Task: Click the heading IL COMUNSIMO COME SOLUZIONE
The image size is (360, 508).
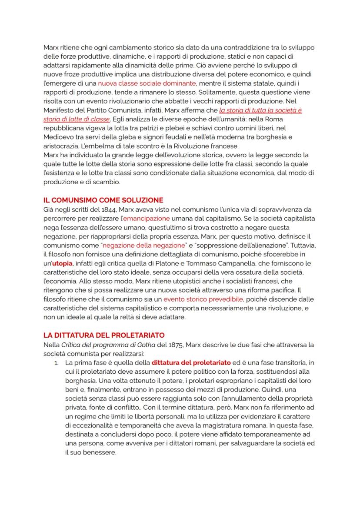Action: pos(103,200)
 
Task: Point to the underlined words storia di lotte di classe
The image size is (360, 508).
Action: pos(77,119)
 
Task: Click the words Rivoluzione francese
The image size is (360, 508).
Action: pos(205,146)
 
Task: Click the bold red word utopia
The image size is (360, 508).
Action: pos(62,263)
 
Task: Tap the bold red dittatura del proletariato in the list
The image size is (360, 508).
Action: pos(188,362)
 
